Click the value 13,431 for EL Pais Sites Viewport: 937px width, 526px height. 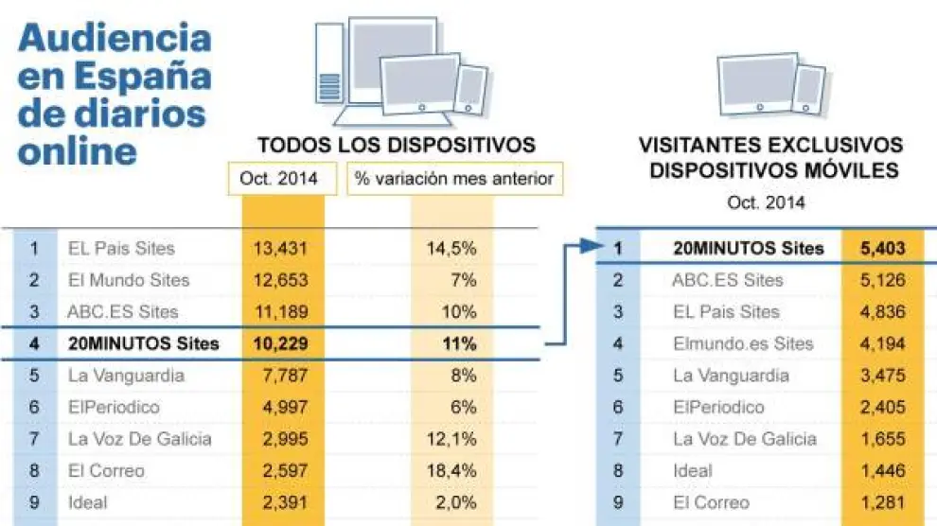point(282,249)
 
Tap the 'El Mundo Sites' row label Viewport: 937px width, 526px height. point(128,280)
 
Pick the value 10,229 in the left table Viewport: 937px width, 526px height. point(282,343)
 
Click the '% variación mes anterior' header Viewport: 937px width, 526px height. point(453,179)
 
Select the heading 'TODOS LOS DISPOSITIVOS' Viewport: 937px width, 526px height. point(397,146)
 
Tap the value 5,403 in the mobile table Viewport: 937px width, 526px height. point(883,249)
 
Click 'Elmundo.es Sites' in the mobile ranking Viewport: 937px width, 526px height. point(742,343)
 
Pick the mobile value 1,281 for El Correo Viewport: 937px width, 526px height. point(883,502)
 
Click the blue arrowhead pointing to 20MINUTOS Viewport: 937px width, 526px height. point(592,247)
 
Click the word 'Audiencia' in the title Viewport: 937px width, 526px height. point(115,39)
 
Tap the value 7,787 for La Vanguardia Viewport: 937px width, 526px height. point(282,376)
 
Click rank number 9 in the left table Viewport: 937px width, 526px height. point(34,502)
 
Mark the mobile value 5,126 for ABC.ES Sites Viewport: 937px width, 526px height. point(883,280)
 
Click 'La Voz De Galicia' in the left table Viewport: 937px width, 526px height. point(139,439)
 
